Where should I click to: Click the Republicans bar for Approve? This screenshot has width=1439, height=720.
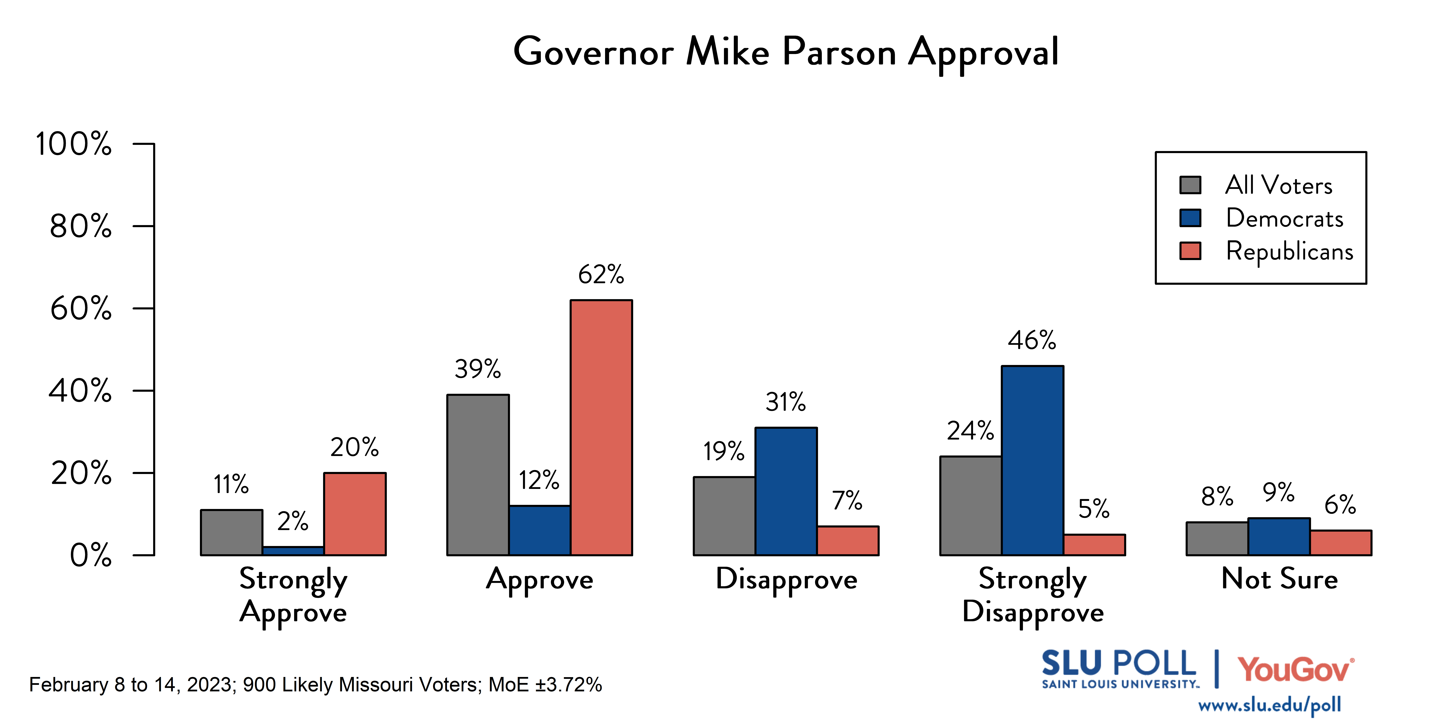coord(601,428)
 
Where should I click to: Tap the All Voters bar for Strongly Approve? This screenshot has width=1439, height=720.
coord(231,532)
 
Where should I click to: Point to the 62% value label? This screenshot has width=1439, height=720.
coord(601,274)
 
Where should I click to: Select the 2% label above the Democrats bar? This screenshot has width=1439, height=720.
coord(293,521)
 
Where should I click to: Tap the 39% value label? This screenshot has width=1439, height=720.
coord(478,369)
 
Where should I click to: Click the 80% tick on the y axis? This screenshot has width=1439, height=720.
coord(81,226)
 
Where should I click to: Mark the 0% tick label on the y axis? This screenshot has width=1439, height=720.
coord(90,555)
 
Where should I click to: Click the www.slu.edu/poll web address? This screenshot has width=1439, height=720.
coord(1269,705)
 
